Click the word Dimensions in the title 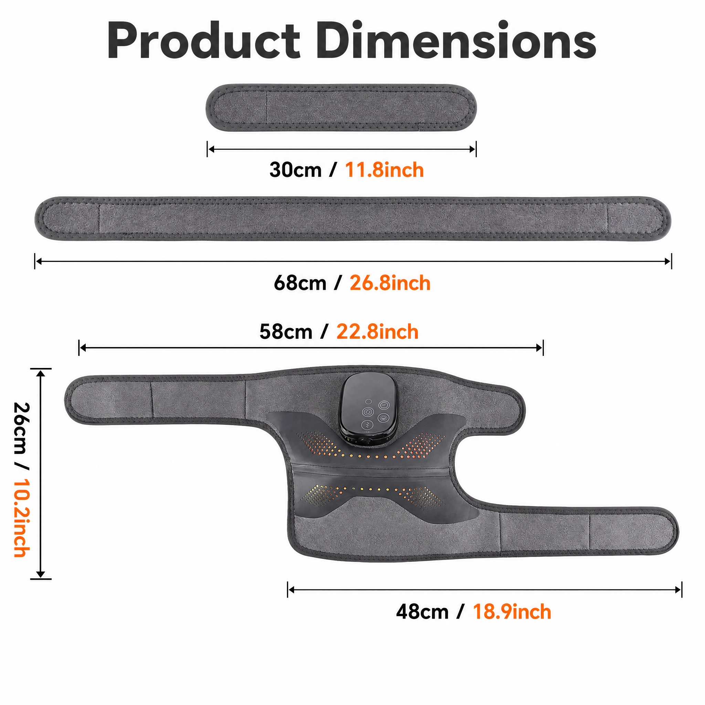[x=456, y=40]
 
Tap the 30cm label [x=296, y=170]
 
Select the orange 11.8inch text [x=384, y=170]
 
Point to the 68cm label [x=300, y=283]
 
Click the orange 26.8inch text [x=390, y=283]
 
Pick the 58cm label [x=286, y=332]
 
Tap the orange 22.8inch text [x=377, y=332]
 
